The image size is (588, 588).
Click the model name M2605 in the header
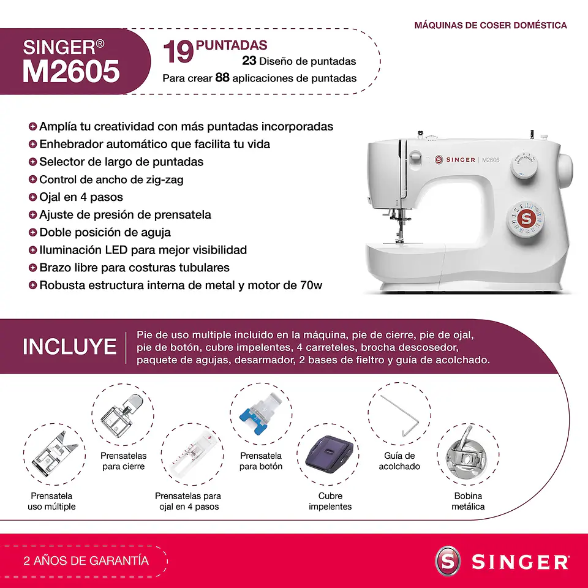tap(71, 72)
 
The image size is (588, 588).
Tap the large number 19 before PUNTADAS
tap(178, 52)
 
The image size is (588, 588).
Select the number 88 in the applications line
tap(222, 78)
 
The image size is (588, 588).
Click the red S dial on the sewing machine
tap(524, 219)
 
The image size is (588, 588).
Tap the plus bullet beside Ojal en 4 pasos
tap(32, 197)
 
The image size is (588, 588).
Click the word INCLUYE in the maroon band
tap(69, 347)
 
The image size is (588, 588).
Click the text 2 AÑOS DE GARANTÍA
tap(86, 560)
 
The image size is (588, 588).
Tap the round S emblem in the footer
tap(448, 561)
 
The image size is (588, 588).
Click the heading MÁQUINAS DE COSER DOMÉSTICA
tap(491, 25)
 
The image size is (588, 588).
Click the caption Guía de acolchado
tap(399, 461)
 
